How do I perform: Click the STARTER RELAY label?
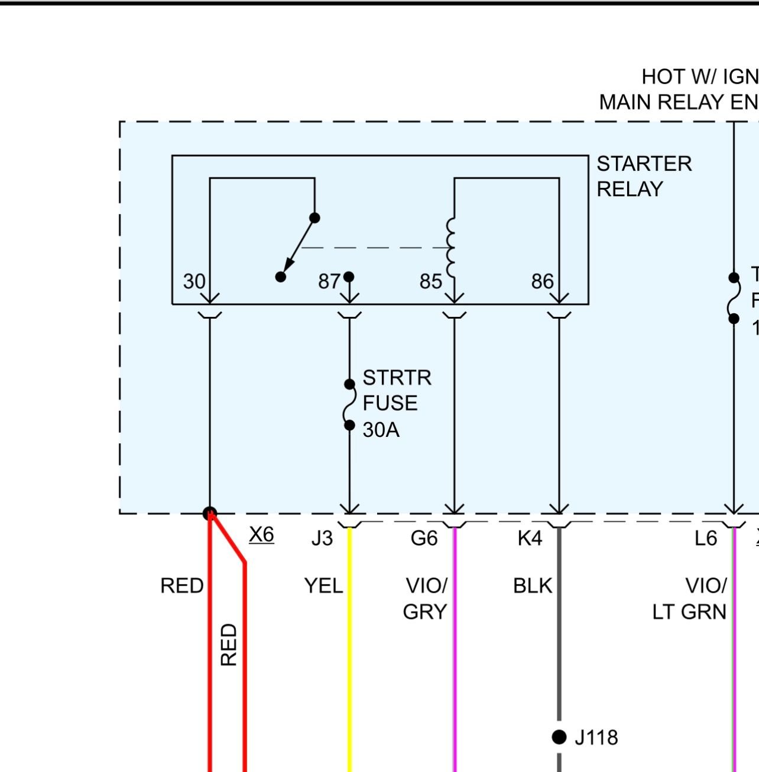(x=643, y=176)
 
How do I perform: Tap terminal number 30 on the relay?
(x=194, y=281)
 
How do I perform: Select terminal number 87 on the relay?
(x=329, y=281)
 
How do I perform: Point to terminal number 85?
(x=430, y=281)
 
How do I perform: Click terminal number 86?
(x=542, y=281)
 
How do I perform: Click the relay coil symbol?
(x=452, y=247)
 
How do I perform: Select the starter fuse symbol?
(x=349, y=405)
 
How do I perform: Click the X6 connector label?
(x=261, y=534)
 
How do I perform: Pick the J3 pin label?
(x=322, y=539)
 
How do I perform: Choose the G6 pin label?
(x=424, y=539)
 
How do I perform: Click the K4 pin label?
(x=529, y=539)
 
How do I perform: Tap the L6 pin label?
(x=706, y=539)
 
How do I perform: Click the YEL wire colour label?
(x=323, y=586)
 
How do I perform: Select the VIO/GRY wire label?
(x=425, y=598)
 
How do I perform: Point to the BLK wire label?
(x=532, y=586)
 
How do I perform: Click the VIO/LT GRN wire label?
(x=690, y=598)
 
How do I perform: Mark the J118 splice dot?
(x=559, y=737)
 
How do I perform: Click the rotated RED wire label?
(x=229, y=644)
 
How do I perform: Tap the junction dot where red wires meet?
(x=210, y=513)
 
